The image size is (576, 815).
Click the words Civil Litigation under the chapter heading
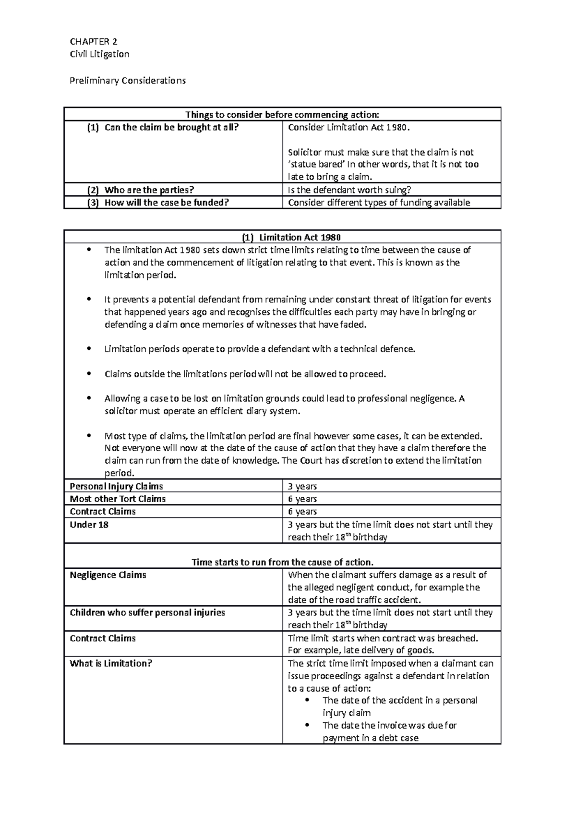[99, 54]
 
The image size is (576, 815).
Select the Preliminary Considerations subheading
[127, 80]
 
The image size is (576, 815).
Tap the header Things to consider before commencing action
[282, 114]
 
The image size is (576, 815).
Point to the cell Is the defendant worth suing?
[349, 190]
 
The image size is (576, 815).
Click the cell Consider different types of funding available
[379, 202]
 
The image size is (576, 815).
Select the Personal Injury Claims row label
[116, 486]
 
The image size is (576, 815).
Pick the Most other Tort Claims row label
[118, 499]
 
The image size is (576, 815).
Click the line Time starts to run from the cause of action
[282, 562]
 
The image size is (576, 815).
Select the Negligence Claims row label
[108, 575]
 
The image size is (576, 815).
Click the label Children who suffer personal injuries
[147, 612]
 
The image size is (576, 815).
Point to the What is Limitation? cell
[111, 663]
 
